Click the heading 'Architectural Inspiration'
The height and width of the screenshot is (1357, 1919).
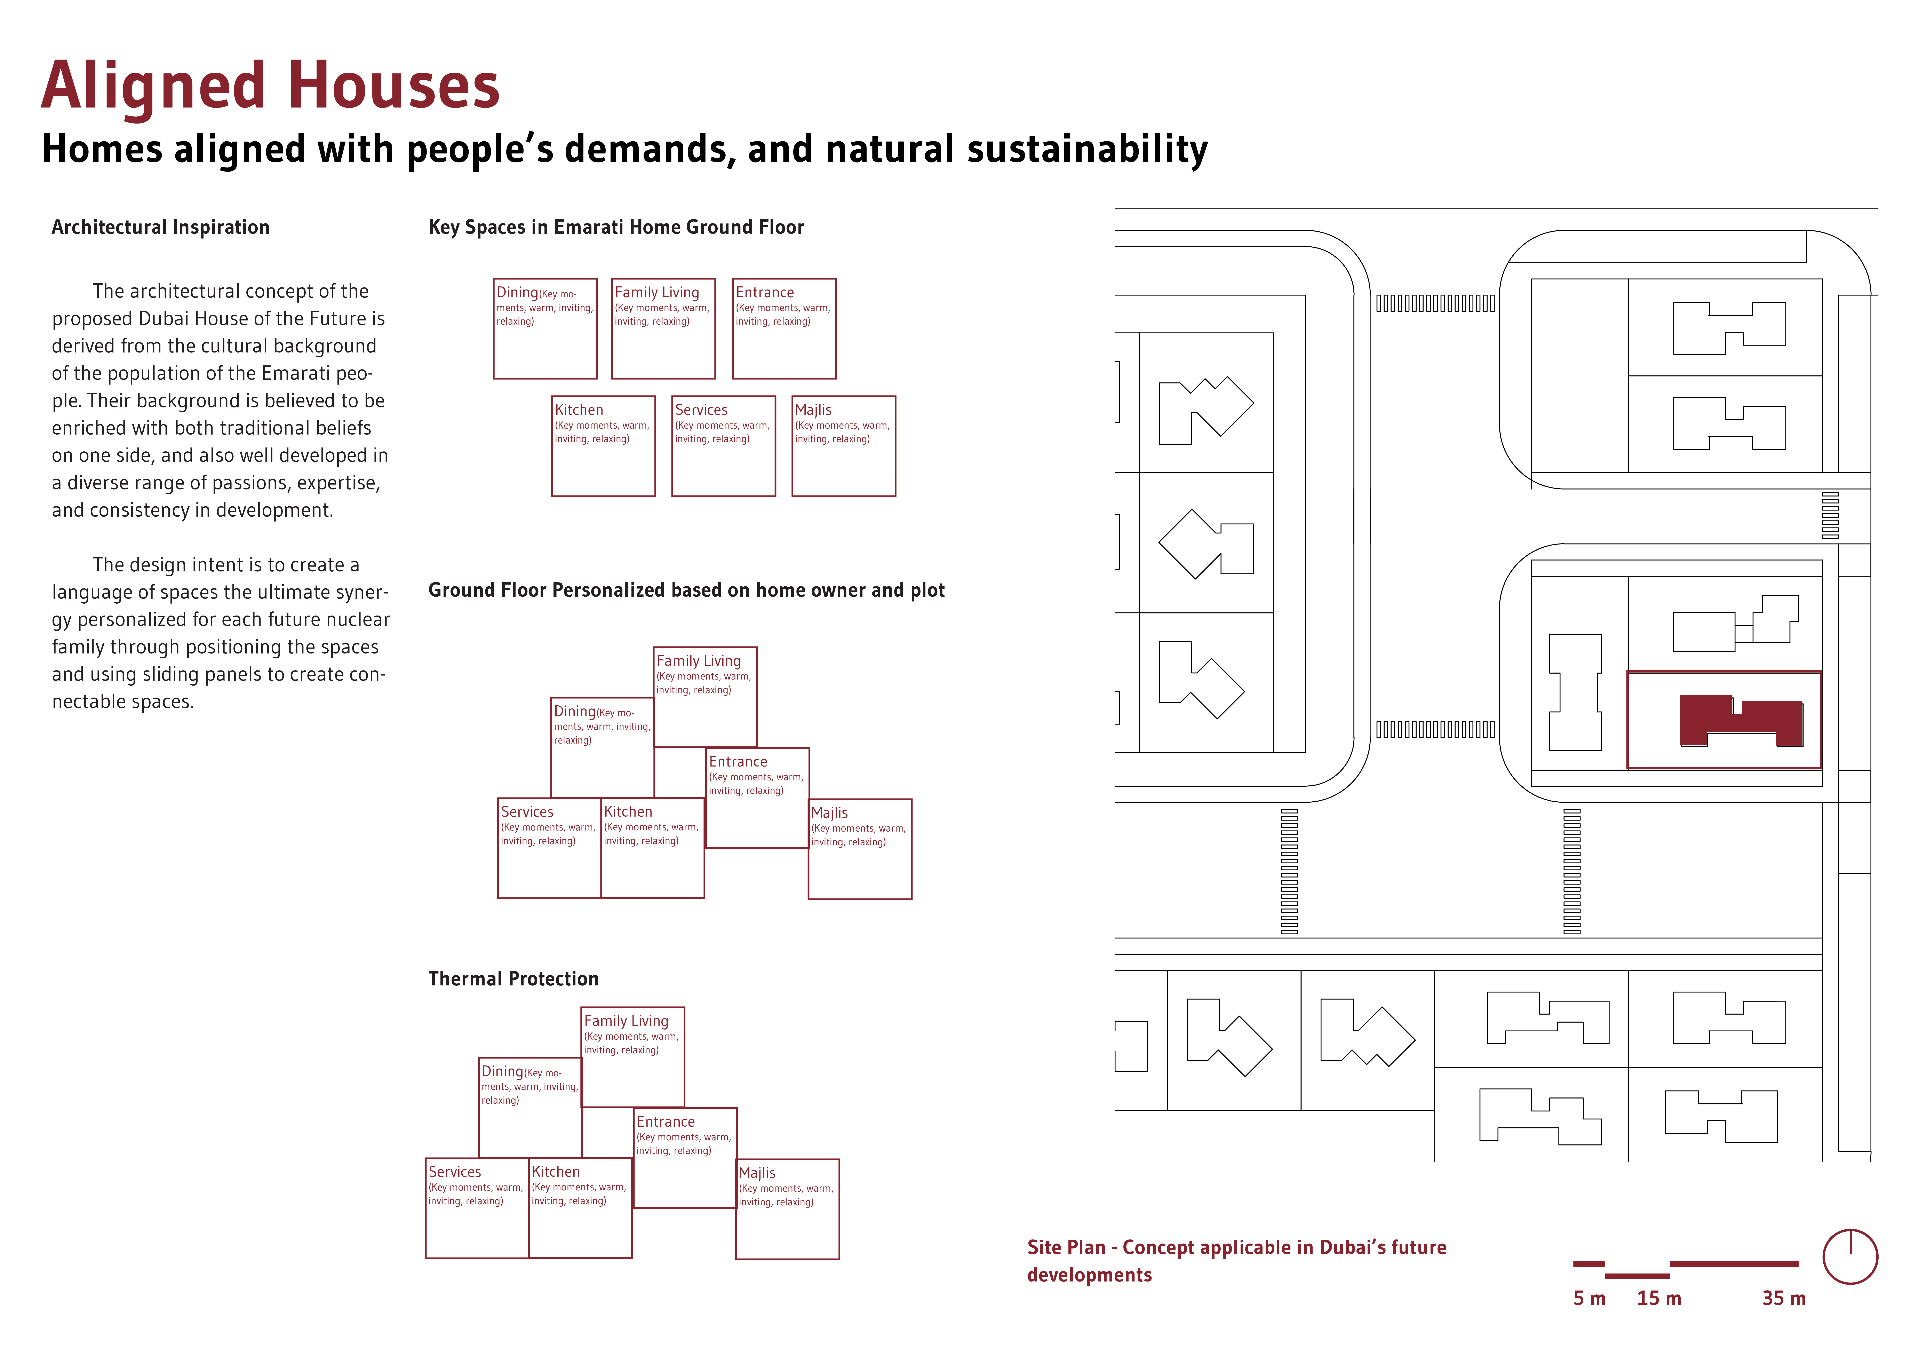160,227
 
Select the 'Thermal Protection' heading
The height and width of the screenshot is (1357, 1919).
513,979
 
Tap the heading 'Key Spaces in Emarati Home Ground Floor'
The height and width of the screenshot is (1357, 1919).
616,227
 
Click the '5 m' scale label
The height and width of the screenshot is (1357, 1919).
1589,1299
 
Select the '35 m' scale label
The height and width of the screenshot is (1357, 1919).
1784,1299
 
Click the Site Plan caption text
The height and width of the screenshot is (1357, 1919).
1236,1261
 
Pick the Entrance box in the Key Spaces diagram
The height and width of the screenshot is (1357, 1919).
784,329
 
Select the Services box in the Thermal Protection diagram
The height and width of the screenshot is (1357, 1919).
477,1208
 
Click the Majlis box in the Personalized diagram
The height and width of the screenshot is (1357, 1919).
860,849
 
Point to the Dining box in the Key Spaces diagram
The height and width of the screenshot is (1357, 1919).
545,329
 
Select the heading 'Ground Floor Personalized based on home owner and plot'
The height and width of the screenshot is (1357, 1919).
686,590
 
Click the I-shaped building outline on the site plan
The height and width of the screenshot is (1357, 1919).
1576,692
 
